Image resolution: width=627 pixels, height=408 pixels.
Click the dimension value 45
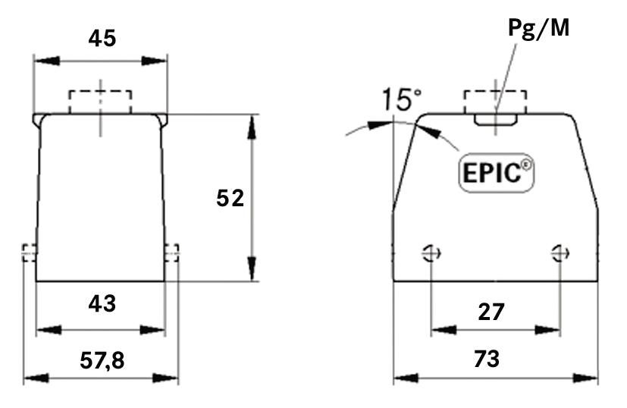(101, 37)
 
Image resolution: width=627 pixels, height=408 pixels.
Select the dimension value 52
(229, 198)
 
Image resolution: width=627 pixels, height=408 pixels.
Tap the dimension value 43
(101, 303)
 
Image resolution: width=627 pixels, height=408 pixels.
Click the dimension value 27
(492, 310)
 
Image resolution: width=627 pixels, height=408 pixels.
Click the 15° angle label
(401, 99)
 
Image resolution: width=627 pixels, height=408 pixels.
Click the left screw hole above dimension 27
(431, 253)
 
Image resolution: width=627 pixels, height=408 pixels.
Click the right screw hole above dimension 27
(560, 253)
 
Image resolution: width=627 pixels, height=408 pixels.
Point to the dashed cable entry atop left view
(100, 102)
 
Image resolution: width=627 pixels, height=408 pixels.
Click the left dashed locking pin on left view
(29, 252)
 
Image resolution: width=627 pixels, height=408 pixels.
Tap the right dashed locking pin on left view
(173, 252)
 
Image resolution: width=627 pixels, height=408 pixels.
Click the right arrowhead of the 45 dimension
(157, 61)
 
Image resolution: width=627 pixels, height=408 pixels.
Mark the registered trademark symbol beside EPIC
(525, 164)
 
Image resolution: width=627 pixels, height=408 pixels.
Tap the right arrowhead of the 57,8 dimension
(169, 377)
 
